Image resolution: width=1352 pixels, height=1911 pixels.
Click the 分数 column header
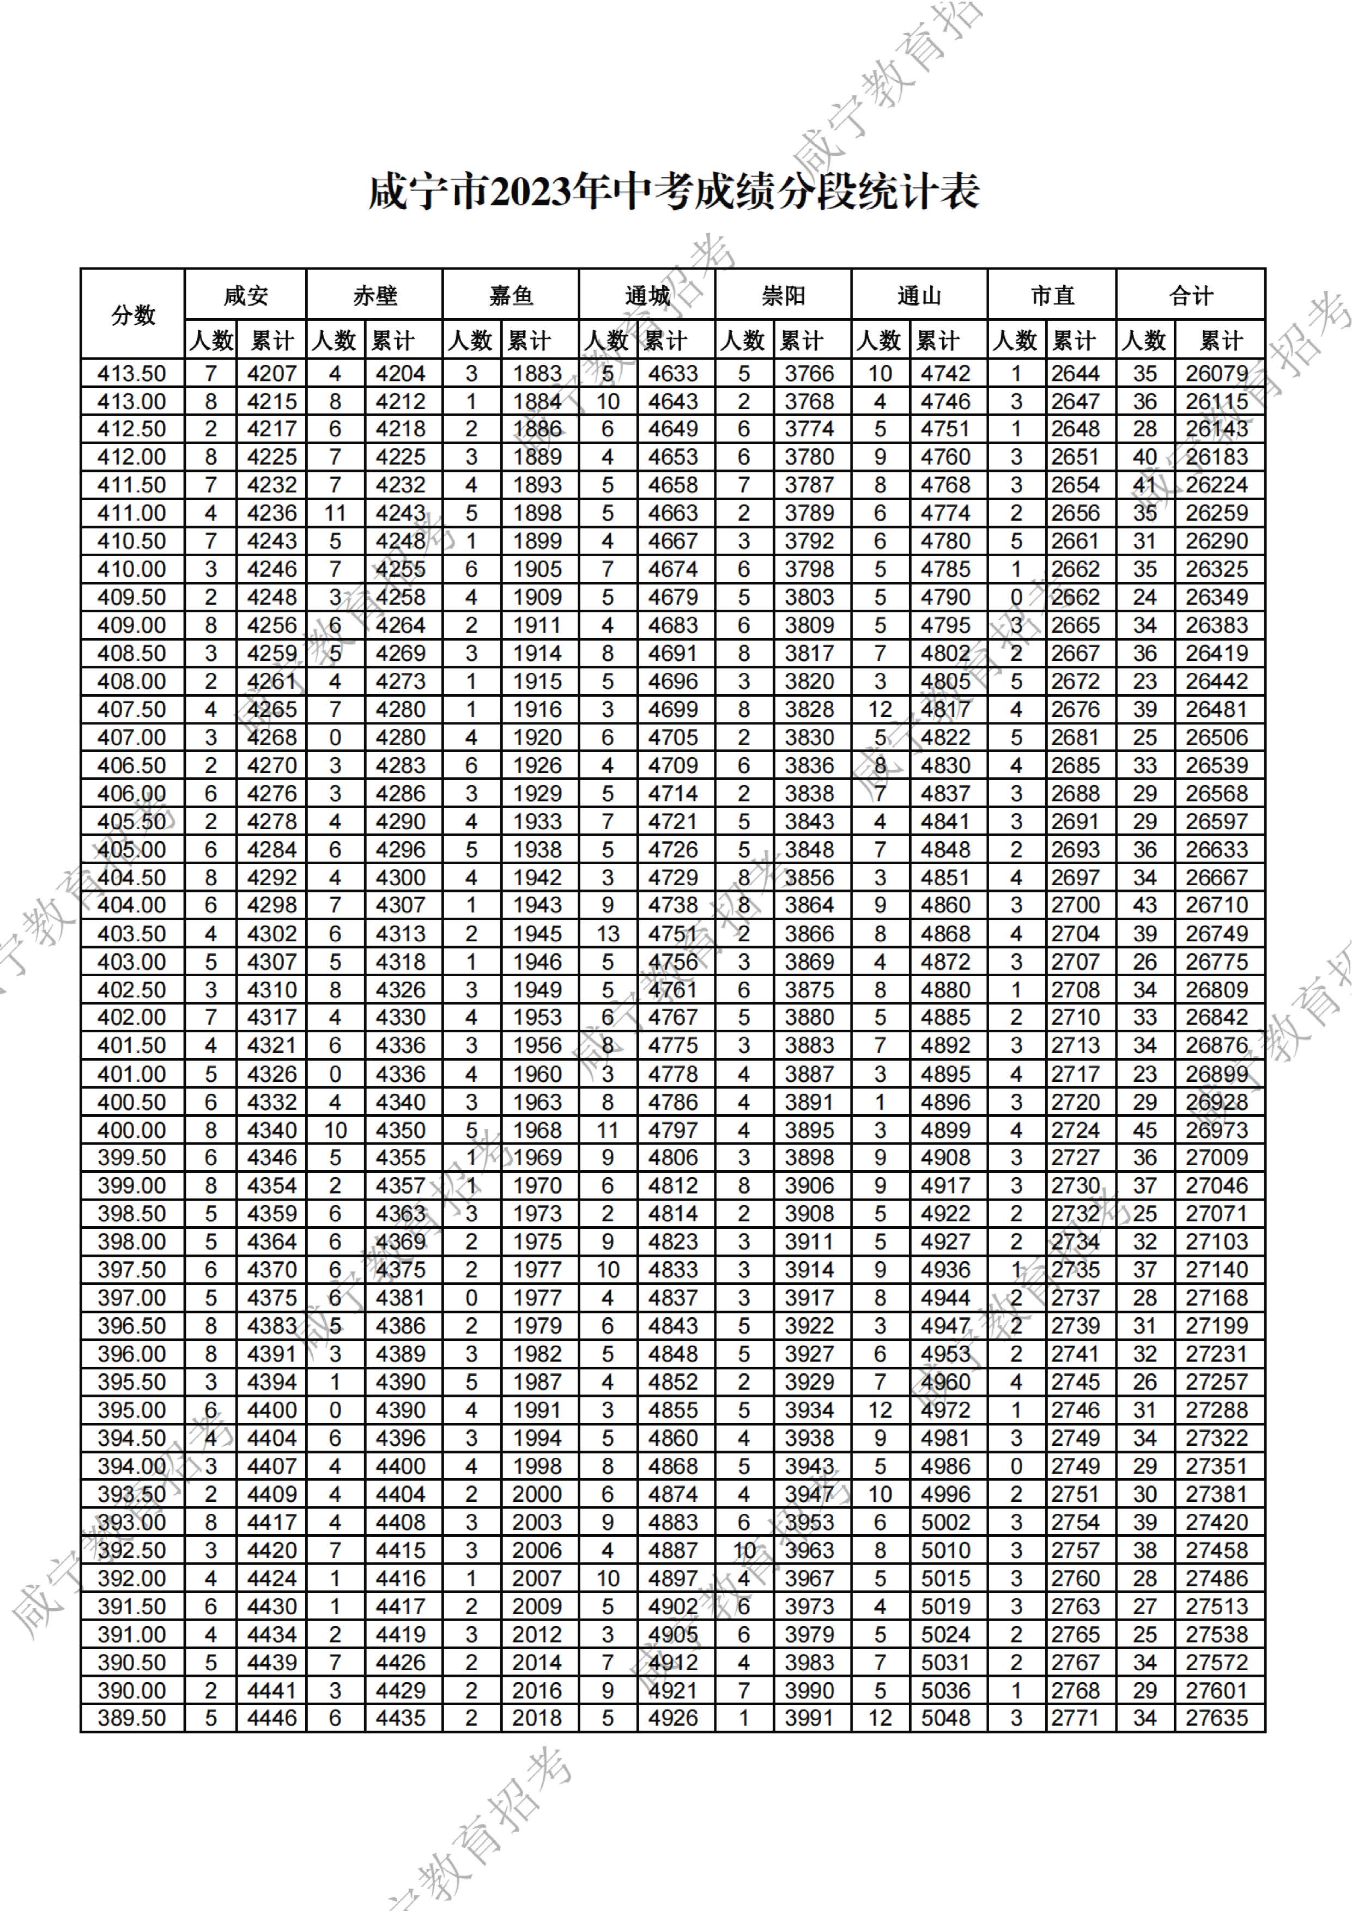[x=133, y=315]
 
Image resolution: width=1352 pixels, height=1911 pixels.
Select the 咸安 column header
[x=246, y=295]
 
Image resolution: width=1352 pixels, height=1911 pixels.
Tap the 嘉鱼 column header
[x=510, y=295]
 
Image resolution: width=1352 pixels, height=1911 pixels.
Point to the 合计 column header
[x=1191, y=295]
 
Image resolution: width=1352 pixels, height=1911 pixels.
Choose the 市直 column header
[x=1052, y=295]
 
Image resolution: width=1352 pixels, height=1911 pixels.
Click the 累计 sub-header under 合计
[x=1221, y=340]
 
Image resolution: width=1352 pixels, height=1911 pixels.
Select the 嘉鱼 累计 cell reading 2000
[x=537, y=1494]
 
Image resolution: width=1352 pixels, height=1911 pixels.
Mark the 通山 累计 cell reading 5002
[x=945, y=1522]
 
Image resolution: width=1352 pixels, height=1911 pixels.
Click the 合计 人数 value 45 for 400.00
[x=1145, y=1130]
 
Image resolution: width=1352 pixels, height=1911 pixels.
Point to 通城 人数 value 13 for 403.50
[x=608, y=934]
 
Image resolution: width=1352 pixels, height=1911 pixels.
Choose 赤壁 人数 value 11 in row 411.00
[x=335, y=514]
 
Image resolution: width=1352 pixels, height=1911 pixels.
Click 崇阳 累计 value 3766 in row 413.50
[x=809, y=374]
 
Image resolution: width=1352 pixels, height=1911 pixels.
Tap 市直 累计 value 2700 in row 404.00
[x=1075, y=905]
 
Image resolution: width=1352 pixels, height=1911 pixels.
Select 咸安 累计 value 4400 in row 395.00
[x=271, y=1410]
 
